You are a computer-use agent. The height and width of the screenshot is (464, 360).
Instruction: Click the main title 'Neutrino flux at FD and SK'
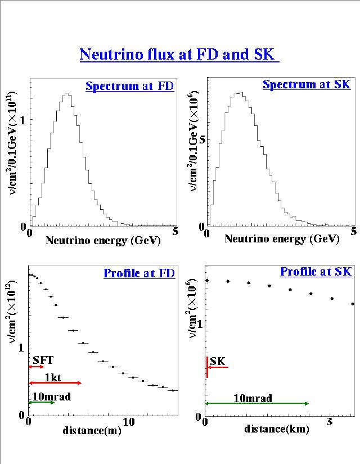(x=179, y=55)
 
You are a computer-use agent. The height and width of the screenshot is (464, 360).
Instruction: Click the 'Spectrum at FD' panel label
(x=129, y=86)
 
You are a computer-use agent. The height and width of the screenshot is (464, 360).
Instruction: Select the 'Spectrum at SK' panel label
(x=307, y=85)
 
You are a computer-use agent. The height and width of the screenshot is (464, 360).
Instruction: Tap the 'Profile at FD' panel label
(x=139, y=274)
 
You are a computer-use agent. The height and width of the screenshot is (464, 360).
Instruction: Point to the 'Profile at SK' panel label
(x=316, y=272)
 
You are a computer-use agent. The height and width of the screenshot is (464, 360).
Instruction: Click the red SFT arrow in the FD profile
(x=36, y=367)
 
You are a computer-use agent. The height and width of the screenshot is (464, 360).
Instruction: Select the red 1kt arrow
(x=55, y=383)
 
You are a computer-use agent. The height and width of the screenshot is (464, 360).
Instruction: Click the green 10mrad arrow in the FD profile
(x=42, y=403)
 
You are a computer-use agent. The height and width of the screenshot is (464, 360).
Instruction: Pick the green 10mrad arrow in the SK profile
(x=257, y=404)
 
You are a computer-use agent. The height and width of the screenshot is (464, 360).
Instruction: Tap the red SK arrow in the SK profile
(x=217, y=367)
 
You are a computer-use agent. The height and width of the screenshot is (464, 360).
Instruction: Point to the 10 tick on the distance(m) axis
(x=129, y=421)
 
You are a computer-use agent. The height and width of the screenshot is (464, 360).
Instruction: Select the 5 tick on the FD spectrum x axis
(x=175, y=232)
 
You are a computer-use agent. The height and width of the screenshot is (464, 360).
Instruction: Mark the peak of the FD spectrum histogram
(x=66, y=94)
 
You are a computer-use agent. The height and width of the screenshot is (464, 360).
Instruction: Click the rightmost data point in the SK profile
(x=353, y=304)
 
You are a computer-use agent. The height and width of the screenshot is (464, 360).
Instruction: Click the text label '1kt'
(x=53, y=377)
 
